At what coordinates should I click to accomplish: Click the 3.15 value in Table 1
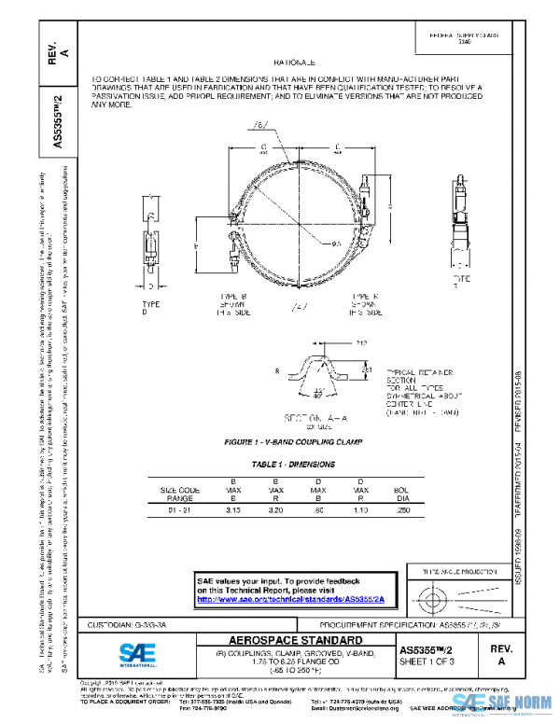coord(232,511)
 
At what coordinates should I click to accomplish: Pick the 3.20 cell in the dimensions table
coord(276,511)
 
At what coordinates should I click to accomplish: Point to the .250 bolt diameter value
coord(402,511)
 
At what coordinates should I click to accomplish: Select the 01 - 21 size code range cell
coord(180,511)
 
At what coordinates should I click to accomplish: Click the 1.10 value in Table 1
coord(361,511)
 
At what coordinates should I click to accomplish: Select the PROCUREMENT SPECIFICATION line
coord(403,623)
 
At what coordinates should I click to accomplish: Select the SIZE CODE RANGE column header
coord(180,493)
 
